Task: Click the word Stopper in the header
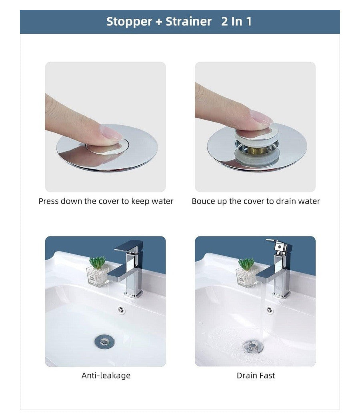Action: (129, 22)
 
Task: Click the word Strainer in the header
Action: (188, 22)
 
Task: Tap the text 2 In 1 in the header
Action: (236, 22)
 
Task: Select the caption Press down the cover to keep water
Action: (106, 201)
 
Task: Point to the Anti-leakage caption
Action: (106, 376)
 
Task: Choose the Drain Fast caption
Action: (256, 376)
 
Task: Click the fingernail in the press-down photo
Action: (111, 132)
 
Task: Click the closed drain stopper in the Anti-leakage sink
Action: (104, 341)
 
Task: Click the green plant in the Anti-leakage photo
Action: (97, 262)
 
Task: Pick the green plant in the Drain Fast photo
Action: (246, 264)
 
